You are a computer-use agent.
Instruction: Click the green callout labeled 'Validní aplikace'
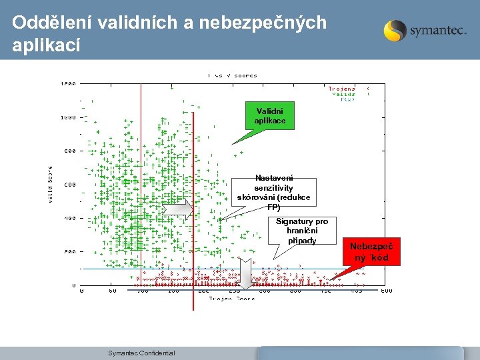(x=269, y=116)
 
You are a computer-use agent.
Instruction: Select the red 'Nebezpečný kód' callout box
(x=375, y=251)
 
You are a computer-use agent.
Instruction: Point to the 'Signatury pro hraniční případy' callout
(x=302, y=231)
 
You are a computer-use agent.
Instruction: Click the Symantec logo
(x=425, y=31)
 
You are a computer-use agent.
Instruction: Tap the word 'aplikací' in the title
(x=46, y=45)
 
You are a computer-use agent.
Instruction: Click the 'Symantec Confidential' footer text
(x=141, y=353)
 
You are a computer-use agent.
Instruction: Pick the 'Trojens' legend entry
(x=341, y=88)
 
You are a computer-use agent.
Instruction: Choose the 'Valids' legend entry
(x=343, y=94)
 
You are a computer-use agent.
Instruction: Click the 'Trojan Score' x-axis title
(x=232, y=299)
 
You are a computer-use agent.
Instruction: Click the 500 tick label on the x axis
(x=386, y=291)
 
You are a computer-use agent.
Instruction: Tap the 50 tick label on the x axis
(x=113, y=291)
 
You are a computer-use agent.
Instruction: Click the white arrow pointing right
(x=179, y=209)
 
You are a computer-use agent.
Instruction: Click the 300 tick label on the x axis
(x=264, y=291)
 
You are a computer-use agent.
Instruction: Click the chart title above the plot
(x=232, y=75)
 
